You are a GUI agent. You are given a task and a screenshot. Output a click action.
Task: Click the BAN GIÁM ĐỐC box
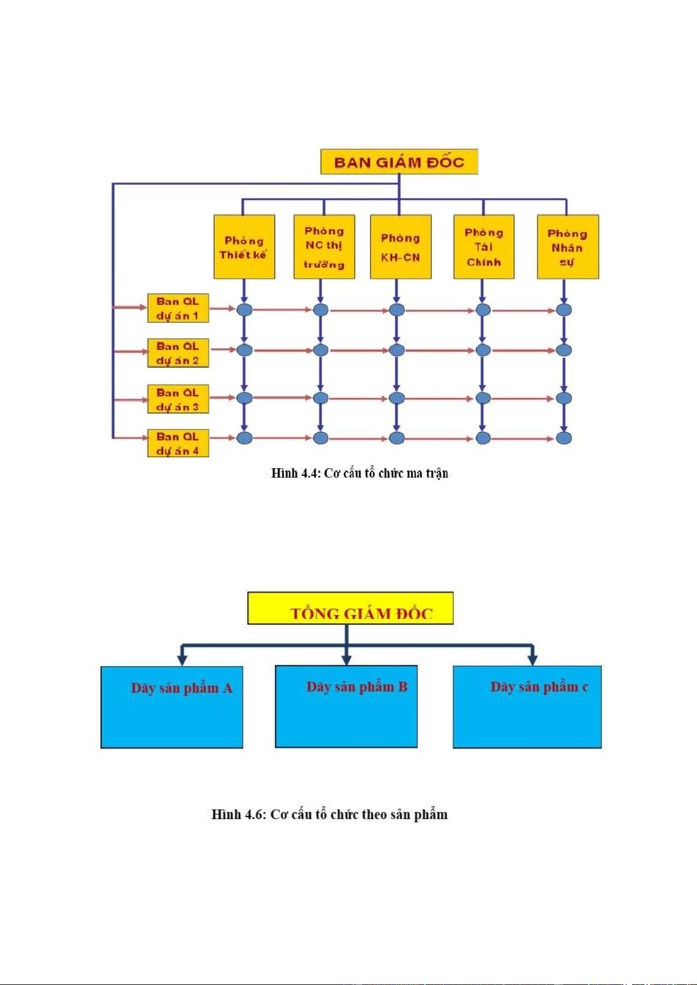399,162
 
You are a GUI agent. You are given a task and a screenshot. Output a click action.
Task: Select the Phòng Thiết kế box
244,247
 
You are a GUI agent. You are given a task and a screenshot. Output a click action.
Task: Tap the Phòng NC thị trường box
324,247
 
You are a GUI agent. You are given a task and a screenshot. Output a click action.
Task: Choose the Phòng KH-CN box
401,247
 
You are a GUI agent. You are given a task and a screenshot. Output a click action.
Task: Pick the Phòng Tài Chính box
484,247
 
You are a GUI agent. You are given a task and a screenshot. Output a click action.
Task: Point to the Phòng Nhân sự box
568,247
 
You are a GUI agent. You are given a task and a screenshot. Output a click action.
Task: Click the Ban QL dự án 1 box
178,309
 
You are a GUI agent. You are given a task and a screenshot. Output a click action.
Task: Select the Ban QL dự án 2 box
178,353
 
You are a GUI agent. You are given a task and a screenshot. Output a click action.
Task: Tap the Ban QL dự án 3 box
178,399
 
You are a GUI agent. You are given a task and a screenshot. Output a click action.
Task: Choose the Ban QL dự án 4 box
178,444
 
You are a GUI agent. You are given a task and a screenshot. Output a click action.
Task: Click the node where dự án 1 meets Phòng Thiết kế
245,310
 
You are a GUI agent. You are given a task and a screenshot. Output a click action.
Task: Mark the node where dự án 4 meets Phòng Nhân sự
564,438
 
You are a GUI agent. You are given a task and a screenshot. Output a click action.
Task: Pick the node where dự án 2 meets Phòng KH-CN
397,350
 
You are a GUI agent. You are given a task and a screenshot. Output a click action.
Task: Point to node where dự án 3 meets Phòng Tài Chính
483,398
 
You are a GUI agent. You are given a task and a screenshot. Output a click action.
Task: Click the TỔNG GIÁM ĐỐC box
350,609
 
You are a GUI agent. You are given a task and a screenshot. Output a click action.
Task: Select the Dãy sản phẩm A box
171,707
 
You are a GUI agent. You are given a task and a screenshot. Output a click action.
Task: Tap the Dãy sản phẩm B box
346,706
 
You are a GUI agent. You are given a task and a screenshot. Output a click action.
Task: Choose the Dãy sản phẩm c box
527,707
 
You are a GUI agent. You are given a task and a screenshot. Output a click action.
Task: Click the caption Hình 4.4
359,473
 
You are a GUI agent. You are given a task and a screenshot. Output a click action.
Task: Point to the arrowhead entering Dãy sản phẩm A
182,660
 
